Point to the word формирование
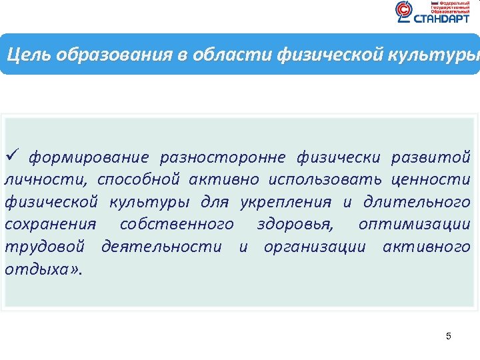89,157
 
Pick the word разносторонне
223,157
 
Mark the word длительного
417,202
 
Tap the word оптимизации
414,225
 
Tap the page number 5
449,336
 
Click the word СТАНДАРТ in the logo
442,19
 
